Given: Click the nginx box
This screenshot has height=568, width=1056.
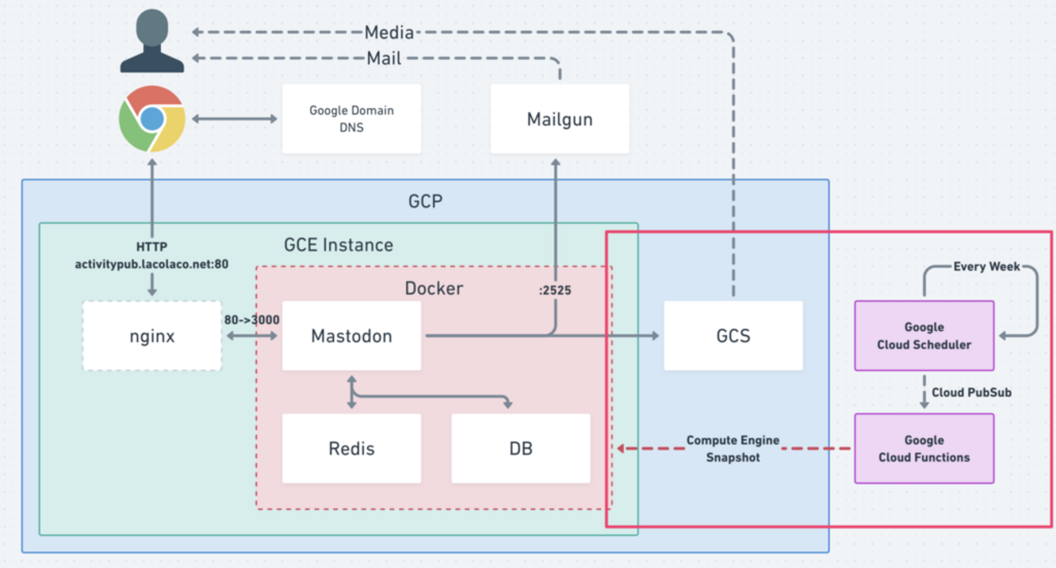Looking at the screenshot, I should (x=152, y=336).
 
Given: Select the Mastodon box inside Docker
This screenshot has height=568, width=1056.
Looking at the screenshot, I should (x=351, y=336).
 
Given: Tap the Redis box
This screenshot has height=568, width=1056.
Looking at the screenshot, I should (x=351, y=448).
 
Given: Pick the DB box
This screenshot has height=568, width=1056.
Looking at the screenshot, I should (x=521, y=448).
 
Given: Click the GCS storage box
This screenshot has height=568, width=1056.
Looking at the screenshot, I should (x=733, y=336).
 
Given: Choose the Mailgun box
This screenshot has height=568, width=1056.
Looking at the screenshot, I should (x=560, y=119).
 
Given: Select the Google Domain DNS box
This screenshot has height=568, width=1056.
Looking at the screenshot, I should (x=351, y=119).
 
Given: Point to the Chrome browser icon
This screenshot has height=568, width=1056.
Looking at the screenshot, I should (x=152, y=118).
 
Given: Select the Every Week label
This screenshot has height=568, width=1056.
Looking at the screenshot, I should (x=986, y=266).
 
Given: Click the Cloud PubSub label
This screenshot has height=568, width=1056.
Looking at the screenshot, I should (x=971, y=392).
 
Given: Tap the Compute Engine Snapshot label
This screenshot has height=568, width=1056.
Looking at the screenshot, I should (x=733, y=449).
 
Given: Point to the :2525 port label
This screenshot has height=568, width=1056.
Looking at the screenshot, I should (x=555, y=290).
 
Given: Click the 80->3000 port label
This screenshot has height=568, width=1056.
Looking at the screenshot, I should (x=251, y=320).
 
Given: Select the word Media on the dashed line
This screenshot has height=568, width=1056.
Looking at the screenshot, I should (x=389, y=33).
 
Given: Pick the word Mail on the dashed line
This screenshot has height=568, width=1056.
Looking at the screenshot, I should (x=384, y=58).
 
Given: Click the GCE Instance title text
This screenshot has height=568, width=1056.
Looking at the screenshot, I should (x=338, y=244).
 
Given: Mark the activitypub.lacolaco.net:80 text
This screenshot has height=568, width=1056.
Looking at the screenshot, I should (x=152, y=264).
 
